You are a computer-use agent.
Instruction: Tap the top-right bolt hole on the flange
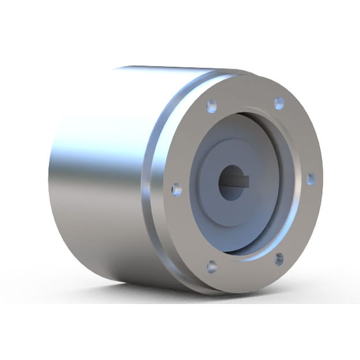click(279, 103)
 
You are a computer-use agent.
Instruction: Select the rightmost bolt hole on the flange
click(311, 178)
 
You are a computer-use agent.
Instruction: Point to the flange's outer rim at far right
click(320, 190)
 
